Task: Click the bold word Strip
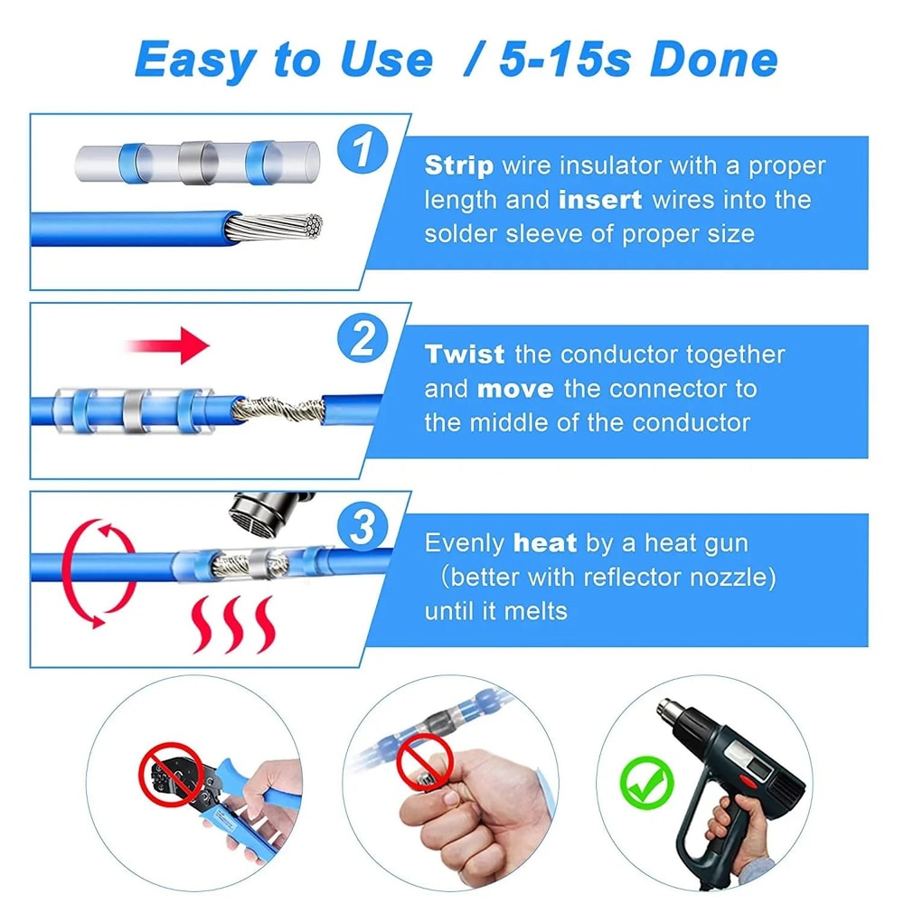(x=459, y=166)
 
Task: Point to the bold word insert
(x=600, y=200)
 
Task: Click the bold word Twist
(x=466, y=354)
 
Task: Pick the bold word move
(x=514, y=389)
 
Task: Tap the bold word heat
(x=544, y=543)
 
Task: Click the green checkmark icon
(x=646, y=784)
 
